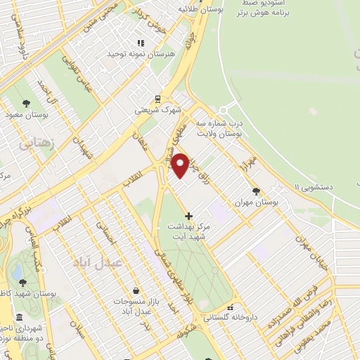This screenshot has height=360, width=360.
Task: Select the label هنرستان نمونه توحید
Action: [135, 54]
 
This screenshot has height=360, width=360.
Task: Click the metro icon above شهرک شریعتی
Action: [157, 99]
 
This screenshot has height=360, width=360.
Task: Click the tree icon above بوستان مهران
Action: [255, 191]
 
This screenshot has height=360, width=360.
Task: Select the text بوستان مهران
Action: [255, 202]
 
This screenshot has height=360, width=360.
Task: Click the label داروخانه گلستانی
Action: [230, 317]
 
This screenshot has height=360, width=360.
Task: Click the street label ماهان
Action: [147, 132]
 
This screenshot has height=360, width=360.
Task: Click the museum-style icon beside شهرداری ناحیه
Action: [18, 317]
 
